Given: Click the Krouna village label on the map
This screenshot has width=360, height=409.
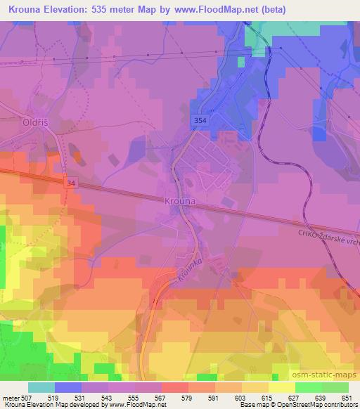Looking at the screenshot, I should tap(180, 200).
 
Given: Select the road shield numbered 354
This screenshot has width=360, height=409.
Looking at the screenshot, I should tap(199, 122).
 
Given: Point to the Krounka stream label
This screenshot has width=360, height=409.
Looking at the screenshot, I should tap(190, 271).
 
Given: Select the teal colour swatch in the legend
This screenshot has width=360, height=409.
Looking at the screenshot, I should tap(41, 387).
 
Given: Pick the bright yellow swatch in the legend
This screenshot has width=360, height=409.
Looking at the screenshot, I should tap(282, 387).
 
